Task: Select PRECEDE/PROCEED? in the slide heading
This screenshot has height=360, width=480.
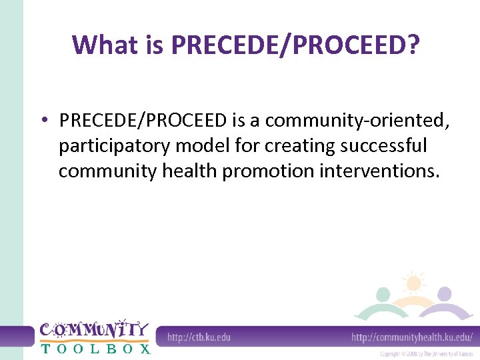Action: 295,45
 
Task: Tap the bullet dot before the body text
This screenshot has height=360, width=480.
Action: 43,120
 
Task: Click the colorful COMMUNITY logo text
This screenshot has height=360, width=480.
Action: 93,329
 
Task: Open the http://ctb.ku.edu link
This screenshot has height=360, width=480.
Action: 198,337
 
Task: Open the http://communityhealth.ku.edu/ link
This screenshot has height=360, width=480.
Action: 411,337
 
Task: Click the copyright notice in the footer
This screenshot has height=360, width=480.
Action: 426,354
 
